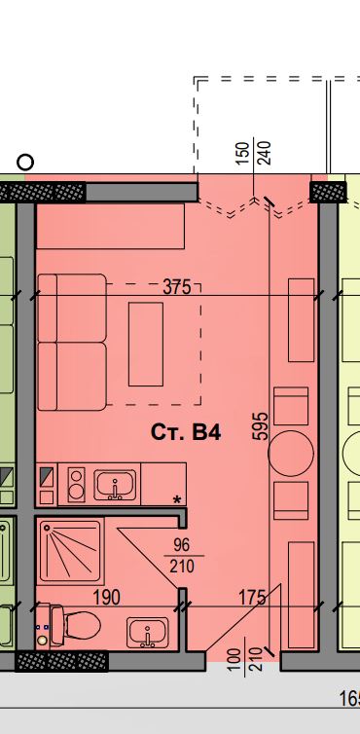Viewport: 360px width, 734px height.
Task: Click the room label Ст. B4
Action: tap(186, 432)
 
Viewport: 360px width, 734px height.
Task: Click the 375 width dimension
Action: tap(177, 286)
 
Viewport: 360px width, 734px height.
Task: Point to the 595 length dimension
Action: tap(261, 426)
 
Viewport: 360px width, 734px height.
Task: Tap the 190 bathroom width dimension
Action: tap(107, 598)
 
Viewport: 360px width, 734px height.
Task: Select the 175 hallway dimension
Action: tap(252, 598)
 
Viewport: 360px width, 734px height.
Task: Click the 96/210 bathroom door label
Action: tap(182, 556)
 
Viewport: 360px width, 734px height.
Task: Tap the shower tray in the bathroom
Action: tap(70, 551)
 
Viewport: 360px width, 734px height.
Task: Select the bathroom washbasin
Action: tap(148, 633)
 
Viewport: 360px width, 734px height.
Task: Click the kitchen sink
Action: tap(115, 485)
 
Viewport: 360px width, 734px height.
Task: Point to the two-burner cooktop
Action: tap(76, 485)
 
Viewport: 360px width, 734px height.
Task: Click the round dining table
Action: tap(291, 453)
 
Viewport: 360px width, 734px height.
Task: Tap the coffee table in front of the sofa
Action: tap(146, 344)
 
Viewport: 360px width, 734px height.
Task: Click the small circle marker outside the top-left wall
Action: tap(25, 163)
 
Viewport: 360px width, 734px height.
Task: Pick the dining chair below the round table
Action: tap(291, 501)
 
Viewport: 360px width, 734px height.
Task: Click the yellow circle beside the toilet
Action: tap(43, 640)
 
